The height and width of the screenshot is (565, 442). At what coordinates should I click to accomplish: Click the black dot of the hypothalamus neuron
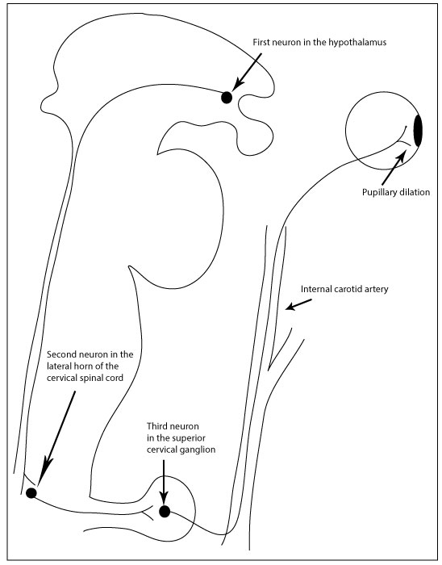[x=227, y=97]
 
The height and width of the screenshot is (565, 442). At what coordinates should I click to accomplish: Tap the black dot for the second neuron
[x=31, y=492]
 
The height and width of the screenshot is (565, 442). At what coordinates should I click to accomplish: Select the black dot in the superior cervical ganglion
[x=165, y=511]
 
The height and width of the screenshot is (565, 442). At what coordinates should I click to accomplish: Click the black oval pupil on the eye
[x=419, y=131]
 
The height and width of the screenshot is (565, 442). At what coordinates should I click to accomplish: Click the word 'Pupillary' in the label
[x=381, y=192]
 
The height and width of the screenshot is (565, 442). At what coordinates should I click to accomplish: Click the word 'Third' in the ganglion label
[x=158, y=425]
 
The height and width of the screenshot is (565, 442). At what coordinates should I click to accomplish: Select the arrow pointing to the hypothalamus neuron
[x=245, y=73]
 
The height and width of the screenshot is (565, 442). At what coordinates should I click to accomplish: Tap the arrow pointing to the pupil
[x=394, y=168]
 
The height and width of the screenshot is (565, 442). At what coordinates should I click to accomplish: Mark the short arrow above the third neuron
[x=165, y=482]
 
